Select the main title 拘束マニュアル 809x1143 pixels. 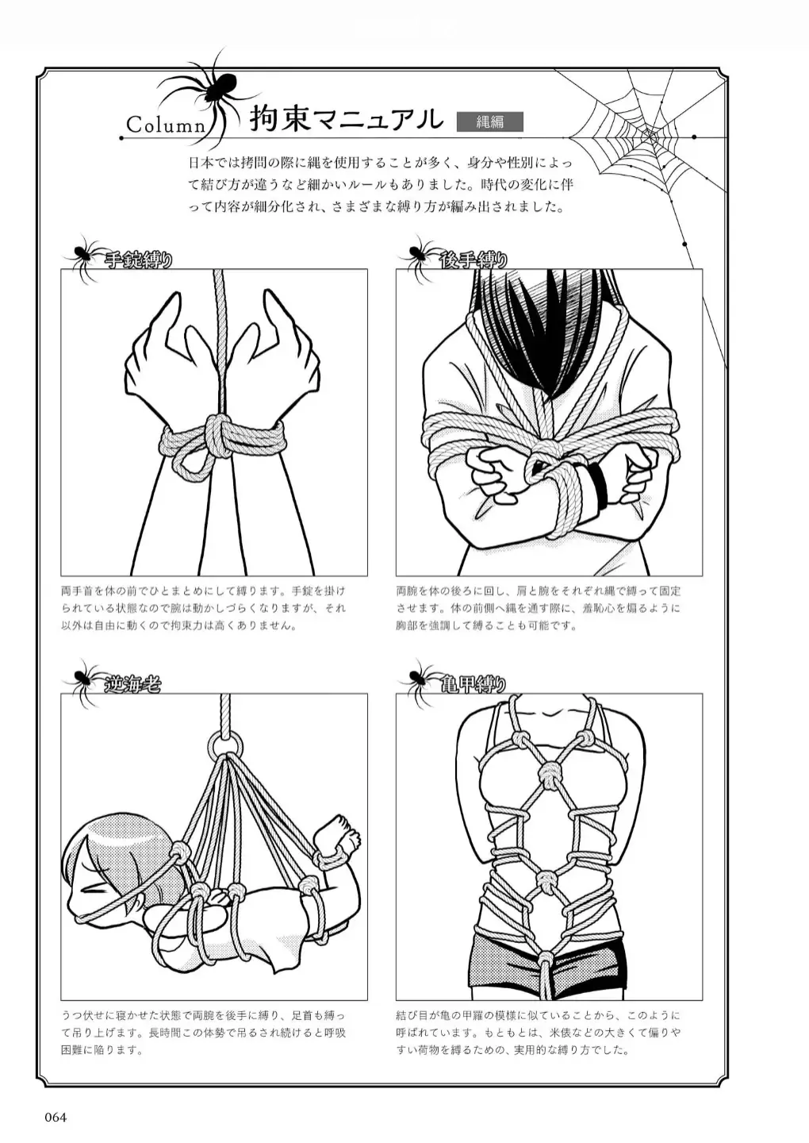[x=346, y=119]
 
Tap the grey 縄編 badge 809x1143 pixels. [x=489, y=121]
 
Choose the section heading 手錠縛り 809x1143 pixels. [x=138, y=259]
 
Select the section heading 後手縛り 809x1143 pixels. [x=474, y=259]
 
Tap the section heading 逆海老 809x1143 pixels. [x=132, y=683]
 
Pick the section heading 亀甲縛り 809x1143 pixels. [x=474, y=683]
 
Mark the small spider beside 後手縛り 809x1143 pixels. [x=417, y=254]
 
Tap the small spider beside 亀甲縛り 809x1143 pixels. [x=417, y=679]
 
